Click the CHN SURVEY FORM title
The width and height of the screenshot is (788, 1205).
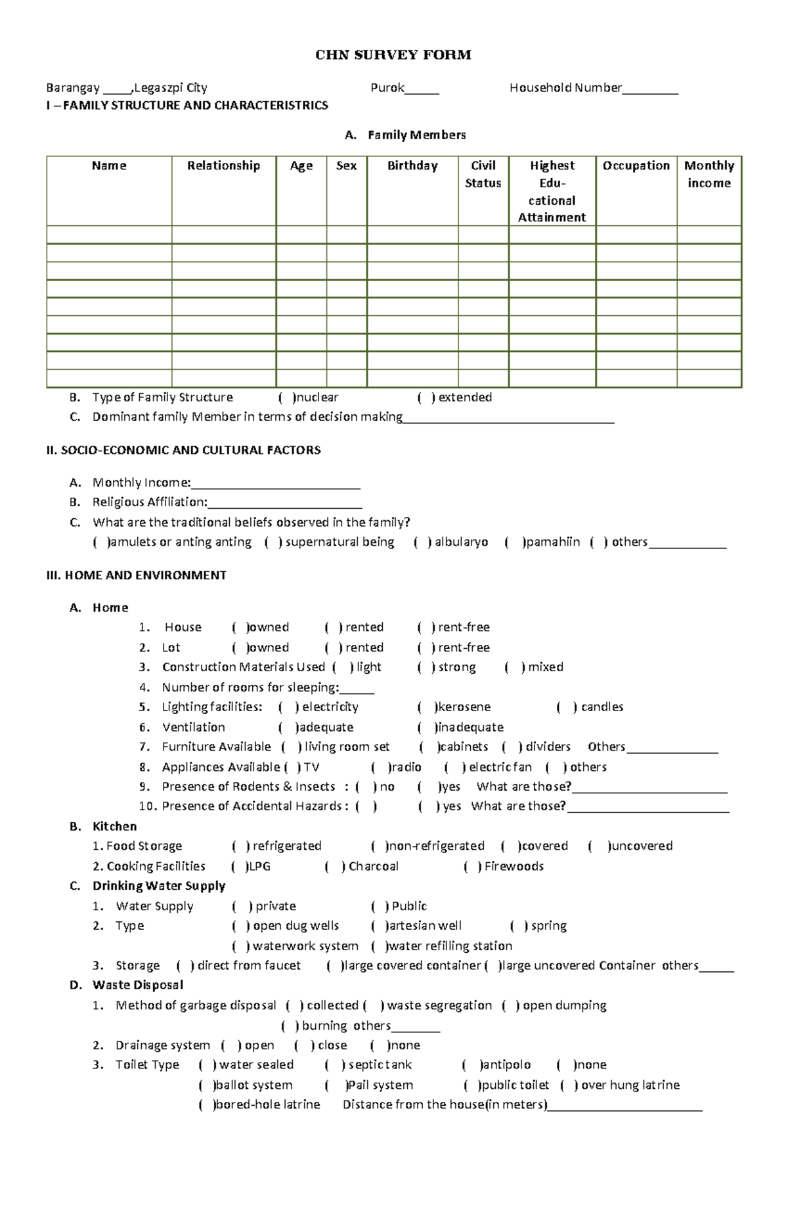[x=393, y=55]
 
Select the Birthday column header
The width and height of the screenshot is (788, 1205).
[x=412, y=166]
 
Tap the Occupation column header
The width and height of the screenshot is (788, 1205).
[x=636, y=166]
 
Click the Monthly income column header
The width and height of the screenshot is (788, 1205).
[x=709, y=175]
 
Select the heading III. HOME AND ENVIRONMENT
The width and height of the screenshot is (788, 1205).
[x=137, y=576]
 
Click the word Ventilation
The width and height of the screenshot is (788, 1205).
[x=193, y=728]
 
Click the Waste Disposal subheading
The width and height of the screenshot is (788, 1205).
[x=137, y=986]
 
